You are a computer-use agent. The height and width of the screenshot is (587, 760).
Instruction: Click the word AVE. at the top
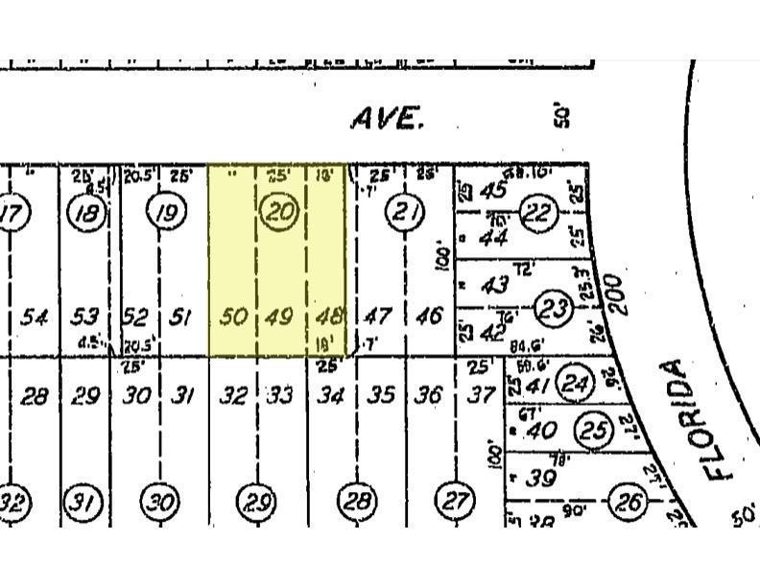coord(387,119)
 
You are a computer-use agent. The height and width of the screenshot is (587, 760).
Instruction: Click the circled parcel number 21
coord(402,212)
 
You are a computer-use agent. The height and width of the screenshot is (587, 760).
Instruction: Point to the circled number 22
coord(539,213)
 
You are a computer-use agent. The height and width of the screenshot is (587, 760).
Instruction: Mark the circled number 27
coord(453,500)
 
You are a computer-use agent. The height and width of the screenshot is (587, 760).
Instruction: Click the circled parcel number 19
coord(167,212)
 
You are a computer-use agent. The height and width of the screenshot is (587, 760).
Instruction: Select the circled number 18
coord(87,212)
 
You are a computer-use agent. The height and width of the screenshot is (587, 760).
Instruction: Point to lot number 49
coord(280,316)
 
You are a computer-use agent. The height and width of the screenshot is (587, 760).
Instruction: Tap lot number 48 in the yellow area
coord(327,316)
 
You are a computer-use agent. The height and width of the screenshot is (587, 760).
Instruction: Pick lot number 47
coord(380,316)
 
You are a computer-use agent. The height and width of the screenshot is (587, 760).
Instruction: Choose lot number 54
coord(35,316)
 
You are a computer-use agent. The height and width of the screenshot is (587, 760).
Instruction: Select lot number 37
coord(480,394)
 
